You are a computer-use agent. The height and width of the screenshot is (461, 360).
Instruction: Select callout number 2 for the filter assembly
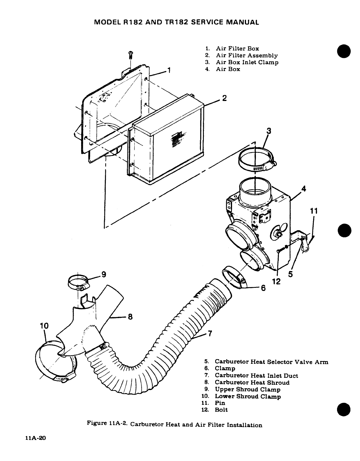224,98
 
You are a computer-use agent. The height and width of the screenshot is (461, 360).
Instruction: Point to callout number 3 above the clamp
269,131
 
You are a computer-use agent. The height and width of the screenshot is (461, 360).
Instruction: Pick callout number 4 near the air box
304,189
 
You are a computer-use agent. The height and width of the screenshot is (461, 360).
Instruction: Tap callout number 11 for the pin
314,211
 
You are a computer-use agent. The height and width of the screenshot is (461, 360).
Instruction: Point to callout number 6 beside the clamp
263,288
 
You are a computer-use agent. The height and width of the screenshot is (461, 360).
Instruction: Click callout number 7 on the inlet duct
210,333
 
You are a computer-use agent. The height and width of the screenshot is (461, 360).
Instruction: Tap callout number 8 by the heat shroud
130,317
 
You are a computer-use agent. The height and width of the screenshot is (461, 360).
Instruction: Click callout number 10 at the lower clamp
44,325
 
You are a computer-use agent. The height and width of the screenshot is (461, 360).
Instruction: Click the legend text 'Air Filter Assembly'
247,56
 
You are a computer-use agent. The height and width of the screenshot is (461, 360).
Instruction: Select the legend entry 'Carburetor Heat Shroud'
252,383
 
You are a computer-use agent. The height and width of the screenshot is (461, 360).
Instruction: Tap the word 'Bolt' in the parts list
221,410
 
